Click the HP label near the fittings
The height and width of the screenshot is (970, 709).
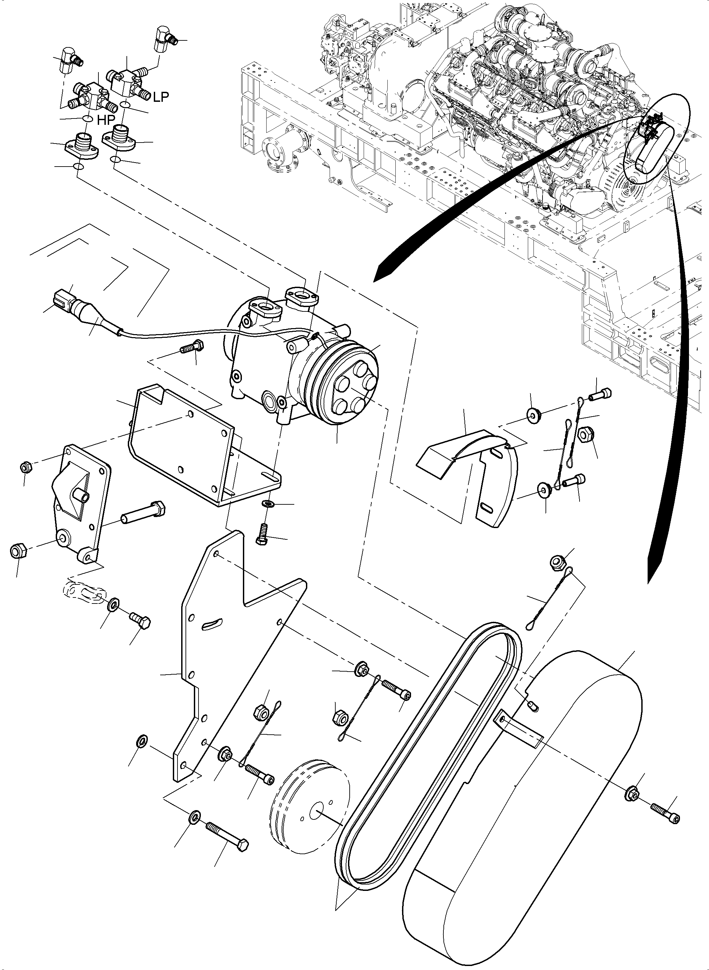(105, 120)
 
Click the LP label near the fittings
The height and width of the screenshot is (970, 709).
(160, 97)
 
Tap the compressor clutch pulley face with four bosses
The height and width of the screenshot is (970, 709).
(351, 387)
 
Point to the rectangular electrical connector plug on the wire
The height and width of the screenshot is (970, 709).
(60, 298)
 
